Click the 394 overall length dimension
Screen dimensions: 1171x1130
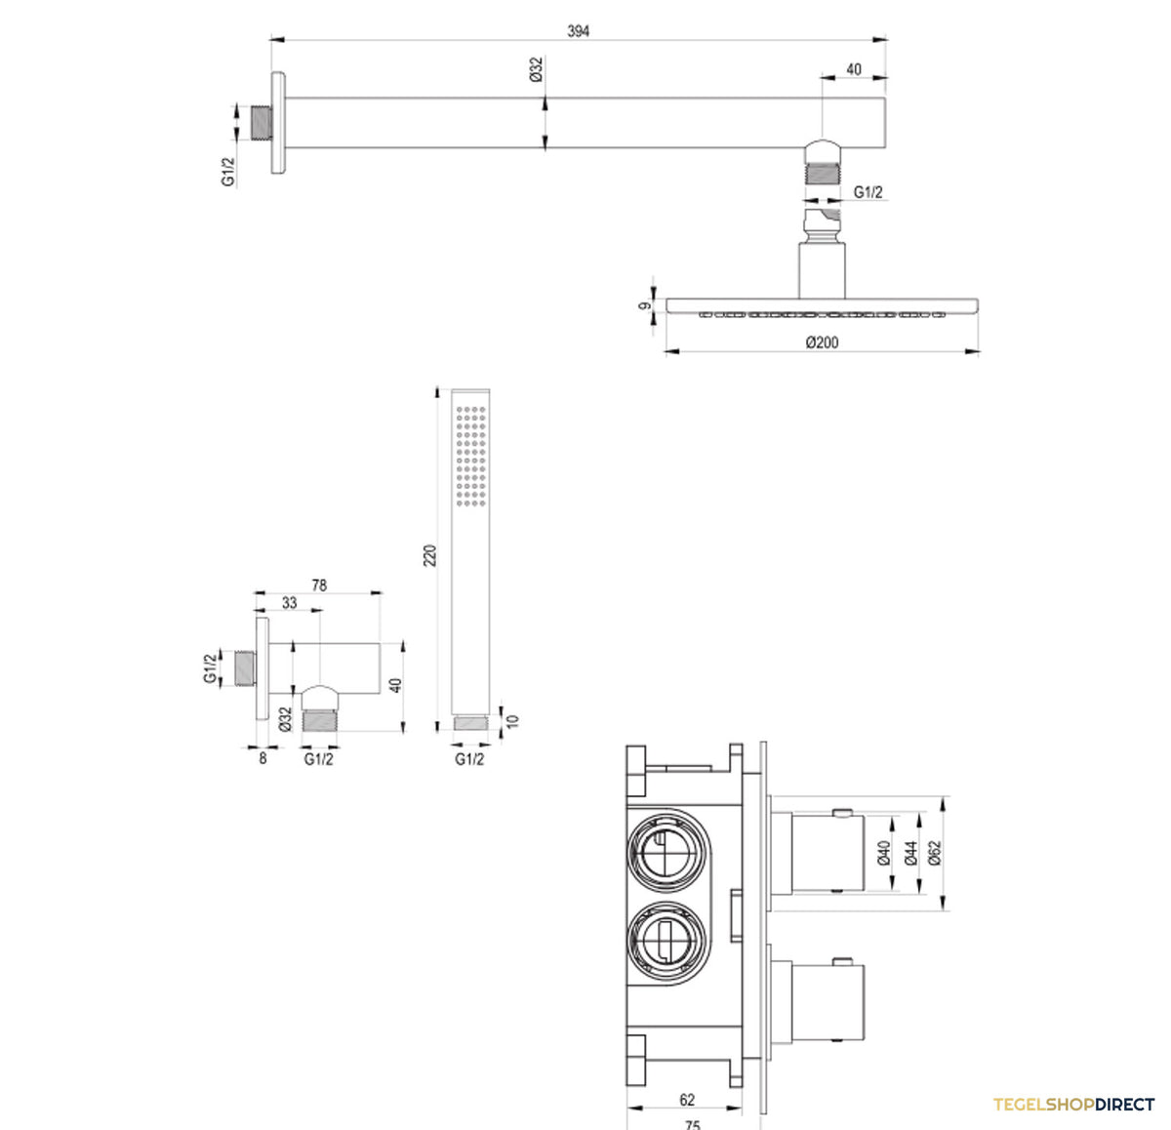(578, 31)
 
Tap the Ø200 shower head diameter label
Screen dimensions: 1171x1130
(822, 343)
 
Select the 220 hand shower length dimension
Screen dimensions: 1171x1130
(429, 555)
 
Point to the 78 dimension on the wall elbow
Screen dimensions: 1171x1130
(319, 585)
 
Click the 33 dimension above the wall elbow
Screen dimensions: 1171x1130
(290, 603)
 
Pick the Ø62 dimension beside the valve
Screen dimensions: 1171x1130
(934, 853)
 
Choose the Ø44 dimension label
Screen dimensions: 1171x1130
(910, 853)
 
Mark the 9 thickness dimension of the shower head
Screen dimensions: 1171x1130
(644, 306)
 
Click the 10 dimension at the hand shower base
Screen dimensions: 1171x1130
(512, 721)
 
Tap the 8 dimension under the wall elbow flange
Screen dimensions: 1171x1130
(262, 759)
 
